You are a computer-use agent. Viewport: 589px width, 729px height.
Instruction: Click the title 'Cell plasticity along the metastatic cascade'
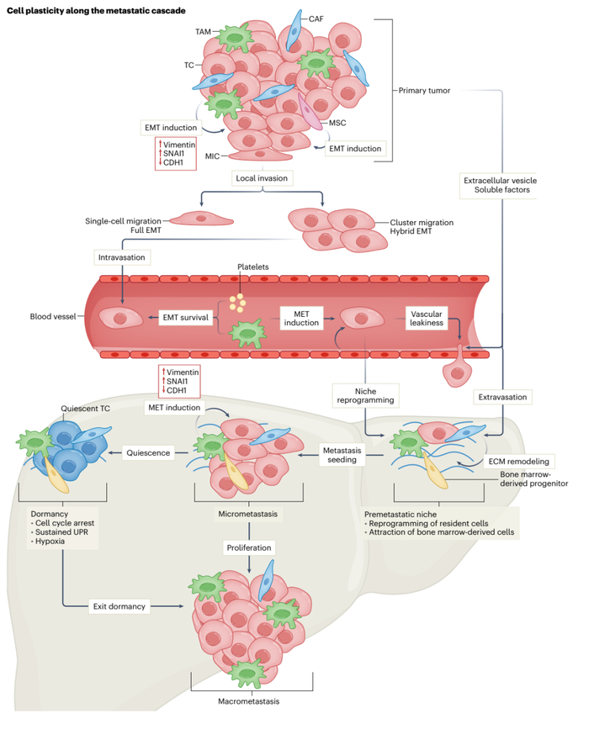coord(97,9)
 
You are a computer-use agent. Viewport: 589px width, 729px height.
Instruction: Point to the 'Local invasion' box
coord(262,178)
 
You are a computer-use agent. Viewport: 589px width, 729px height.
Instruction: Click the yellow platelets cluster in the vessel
coord(240,303)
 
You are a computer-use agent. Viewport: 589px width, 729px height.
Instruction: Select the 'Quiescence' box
coord(148,452)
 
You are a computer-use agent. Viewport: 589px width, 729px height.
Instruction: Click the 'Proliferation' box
coord(247,547)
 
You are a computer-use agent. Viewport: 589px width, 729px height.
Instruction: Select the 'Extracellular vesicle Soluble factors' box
coord(498,185)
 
